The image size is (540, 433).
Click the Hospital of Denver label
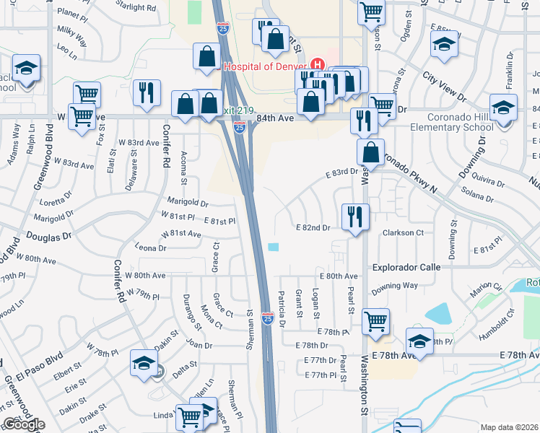click(266, 66)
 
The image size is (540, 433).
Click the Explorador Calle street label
click(406, 267)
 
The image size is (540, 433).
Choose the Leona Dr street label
click(151, 248)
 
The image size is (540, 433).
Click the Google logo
click(24, 424)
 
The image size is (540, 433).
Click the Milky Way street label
click(71, 32)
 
